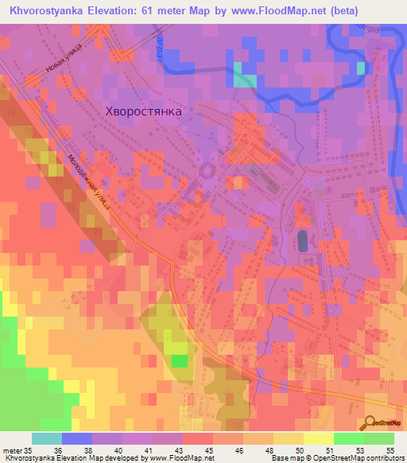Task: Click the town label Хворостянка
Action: click(143, 112)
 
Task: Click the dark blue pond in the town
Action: click(303, 239)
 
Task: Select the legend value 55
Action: click(390, 449)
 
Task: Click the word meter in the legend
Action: click(12, 449)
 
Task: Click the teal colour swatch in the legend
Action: click(47, 438)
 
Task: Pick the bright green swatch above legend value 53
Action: click(349, 438)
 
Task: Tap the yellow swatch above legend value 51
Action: click(319, 438)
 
